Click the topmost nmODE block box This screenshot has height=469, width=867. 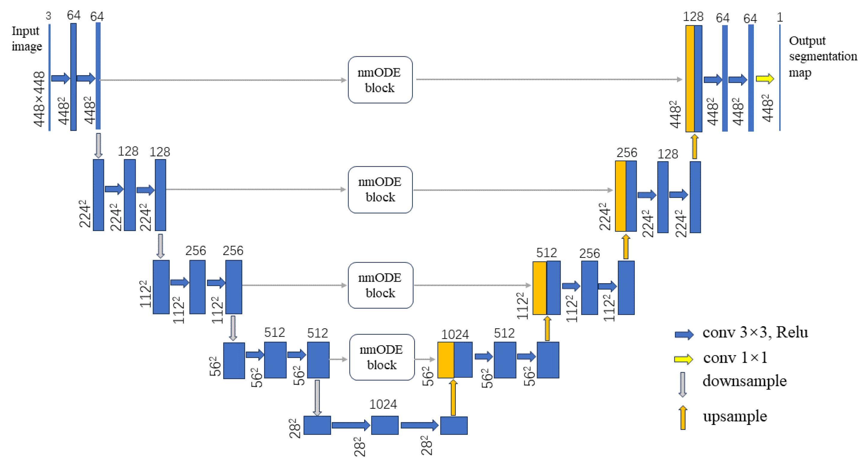[x=380, y=80]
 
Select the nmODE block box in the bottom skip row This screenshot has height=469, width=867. [x=382, y=357]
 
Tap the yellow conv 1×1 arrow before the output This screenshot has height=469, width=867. [x=765, y=79]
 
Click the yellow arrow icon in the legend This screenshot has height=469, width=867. [x=683, y=359]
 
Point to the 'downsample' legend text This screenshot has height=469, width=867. [x=745, y=381]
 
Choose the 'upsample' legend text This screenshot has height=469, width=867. [x=735, y=416]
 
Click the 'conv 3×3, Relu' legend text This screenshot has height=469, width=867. [x=755, y=332]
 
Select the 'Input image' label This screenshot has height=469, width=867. [x=26, y=38]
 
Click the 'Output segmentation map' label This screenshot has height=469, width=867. [x=822, y=56]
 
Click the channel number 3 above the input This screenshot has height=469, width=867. [x=49, y=16]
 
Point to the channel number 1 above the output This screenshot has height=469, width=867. [x=780, y=17]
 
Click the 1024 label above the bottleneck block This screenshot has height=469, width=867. [x=383, y=404]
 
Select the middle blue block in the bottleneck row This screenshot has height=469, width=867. [x=385, y=425]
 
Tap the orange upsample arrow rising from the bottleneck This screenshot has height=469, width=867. [x=453, y=398]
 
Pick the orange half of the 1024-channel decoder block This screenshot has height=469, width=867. [x=446, y=360]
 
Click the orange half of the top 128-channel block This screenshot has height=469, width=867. [x=690, y=79]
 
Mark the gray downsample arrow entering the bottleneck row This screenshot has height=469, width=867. [x=317, y=398]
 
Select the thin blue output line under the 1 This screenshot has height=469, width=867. [x=780, y=77]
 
